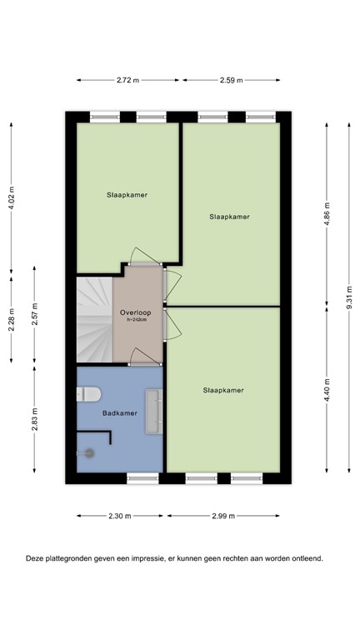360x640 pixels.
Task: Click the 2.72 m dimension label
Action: (x=129, y=80)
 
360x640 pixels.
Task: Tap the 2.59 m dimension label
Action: (x=231, y=80)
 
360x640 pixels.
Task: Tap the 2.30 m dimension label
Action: (x=121, y=516)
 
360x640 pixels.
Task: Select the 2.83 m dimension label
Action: (x=34, y=417)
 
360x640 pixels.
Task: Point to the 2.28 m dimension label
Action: (x=11, y=320)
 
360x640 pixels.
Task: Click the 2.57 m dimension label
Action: (x=34, y=316)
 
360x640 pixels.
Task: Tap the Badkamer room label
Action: (x=119, y=412)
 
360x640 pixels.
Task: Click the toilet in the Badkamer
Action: (x=90, y=396)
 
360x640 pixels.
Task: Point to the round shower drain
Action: (x=89, y=452)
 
